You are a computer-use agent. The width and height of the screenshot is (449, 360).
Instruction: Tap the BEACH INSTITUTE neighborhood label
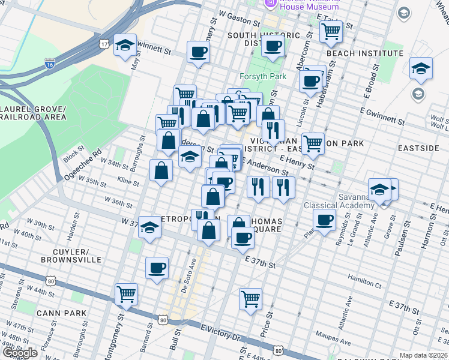pos(365,53)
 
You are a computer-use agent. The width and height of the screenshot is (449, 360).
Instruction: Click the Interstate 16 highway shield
pos(49,63)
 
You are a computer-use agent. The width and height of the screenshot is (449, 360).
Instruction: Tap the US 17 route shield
pos(104,44)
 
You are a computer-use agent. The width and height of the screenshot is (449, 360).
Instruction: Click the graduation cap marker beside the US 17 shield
pos(125,46)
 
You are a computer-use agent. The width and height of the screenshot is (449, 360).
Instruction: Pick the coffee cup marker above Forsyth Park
pos(272,47)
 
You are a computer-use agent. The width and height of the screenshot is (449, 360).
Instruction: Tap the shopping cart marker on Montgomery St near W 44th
pos(127,294)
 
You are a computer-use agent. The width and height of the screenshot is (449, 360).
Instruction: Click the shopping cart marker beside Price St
pos(250,298)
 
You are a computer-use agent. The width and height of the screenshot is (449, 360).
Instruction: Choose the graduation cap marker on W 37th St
pos(149,227)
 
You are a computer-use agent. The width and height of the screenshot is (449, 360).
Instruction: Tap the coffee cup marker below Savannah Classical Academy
pos(324,220)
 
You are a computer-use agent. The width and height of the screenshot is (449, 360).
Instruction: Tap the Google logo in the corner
pos(20,353)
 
